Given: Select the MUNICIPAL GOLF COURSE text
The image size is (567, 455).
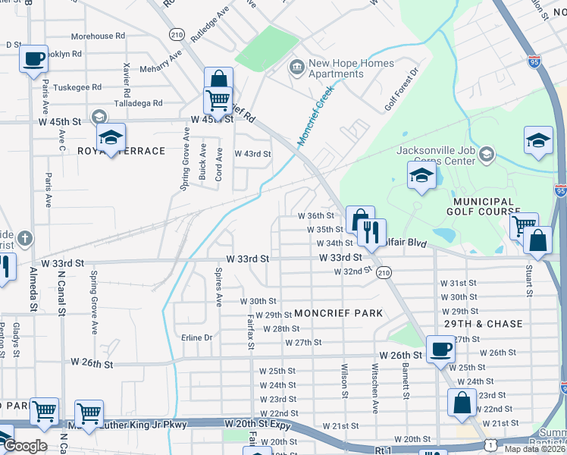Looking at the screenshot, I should [x=484, y=206].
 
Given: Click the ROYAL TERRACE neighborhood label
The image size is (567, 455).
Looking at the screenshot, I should [x=121, y=151].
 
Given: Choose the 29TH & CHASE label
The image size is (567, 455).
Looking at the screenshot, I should [x=483, y=324].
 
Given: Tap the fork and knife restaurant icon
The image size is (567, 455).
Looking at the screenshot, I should [x=371, y=231].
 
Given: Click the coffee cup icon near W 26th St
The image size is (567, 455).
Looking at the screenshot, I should [x=439, y=349].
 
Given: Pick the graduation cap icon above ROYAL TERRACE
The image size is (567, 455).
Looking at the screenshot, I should [x=111, y=136].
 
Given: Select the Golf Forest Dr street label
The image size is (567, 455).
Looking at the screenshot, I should [x=402, y=89].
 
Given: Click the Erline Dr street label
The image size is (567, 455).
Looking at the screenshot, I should [x=196, y=337].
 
